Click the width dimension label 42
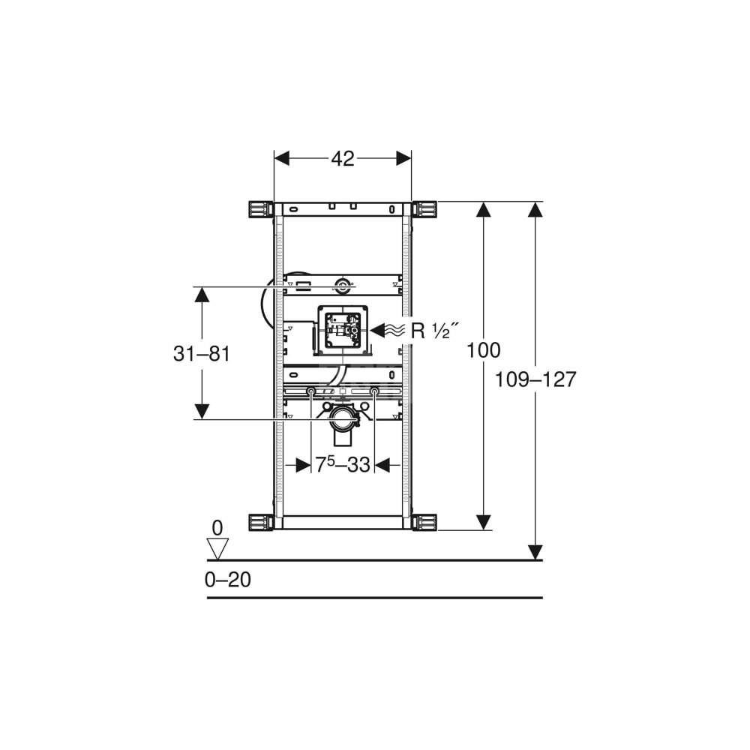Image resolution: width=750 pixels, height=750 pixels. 343,159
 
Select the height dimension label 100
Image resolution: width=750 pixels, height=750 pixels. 484,350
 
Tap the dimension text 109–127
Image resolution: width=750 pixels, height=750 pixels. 535,379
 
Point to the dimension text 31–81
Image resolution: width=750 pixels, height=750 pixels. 201,354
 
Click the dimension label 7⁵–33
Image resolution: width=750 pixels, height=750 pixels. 343,464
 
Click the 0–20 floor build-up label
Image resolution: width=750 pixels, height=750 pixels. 228,580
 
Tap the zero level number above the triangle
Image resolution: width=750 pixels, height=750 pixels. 217,528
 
